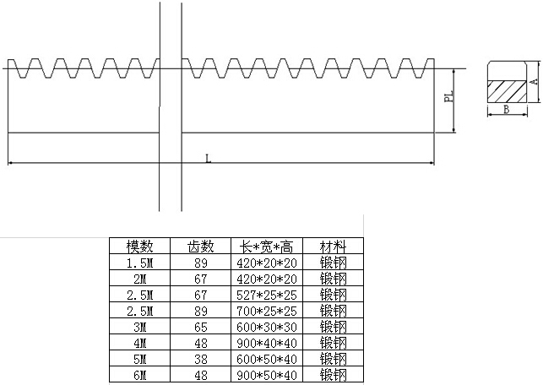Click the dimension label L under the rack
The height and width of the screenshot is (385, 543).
coord(208,157)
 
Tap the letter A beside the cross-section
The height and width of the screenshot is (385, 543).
coord(534,81)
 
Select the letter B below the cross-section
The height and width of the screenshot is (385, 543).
coord(505,110)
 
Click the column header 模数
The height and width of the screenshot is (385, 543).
coord(140,247)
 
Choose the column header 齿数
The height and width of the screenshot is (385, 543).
coord(200,247)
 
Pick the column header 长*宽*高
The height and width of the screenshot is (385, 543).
coord(266,247)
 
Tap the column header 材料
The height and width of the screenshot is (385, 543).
coord(332,247)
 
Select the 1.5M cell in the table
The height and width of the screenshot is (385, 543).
coord(140,263)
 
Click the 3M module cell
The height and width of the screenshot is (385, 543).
coord(140,327)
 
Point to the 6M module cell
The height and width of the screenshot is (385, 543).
coord(140,374)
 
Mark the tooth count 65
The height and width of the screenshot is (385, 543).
coord(200,327)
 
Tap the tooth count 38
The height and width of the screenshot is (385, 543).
coord(200,358)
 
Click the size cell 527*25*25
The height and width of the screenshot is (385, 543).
coord(266,295)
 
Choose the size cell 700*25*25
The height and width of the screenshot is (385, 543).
coord(266,311)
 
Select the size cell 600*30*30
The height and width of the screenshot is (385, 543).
coord(266,327)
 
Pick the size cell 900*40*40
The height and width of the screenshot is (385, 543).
coord(266,343)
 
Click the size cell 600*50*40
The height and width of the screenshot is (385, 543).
coord(266,358)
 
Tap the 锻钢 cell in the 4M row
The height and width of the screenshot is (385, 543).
coord(332,343)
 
